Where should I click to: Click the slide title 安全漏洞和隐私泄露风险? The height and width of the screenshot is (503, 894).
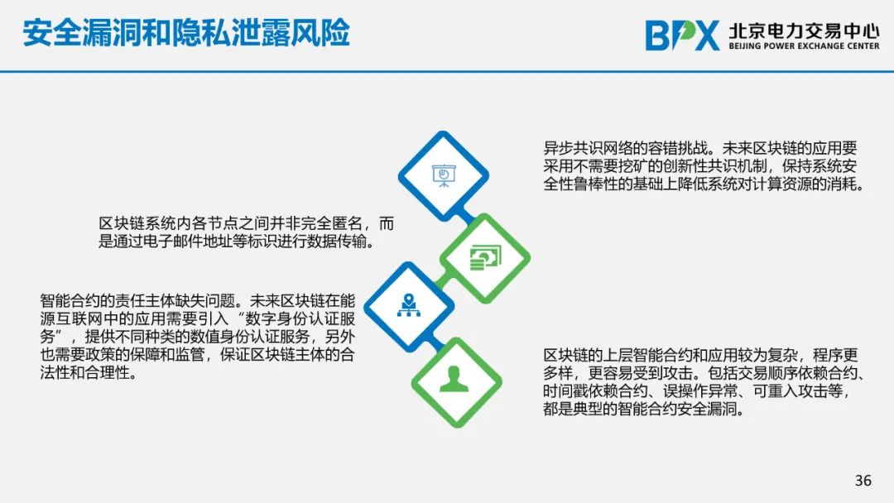point(186,32)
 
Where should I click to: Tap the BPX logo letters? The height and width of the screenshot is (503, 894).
point(682,36)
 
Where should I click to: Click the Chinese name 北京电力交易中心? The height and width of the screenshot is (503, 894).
point(804,30)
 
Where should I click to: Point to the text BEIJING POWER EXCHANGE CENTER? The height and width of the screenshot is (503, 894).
point(804,46)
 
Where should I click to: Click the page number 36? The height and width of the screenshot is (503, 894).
point(863,480)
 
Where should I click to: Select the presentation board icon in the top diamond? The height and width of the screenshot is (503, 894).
point(444,175)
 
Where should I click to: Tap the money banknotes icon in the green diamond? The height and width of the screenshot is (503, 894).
point(485,257)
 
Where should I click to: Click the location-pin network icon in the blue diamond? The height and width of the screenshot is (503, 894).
point(408,306)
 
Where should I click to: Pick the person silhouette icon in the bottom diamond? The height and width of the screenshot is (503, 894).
point(454,380)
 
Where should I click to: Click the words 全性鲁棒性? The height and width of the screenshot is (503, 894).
point(580,184)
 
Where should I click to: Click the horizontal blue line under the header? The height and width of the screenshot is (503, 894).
point(447,72)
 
